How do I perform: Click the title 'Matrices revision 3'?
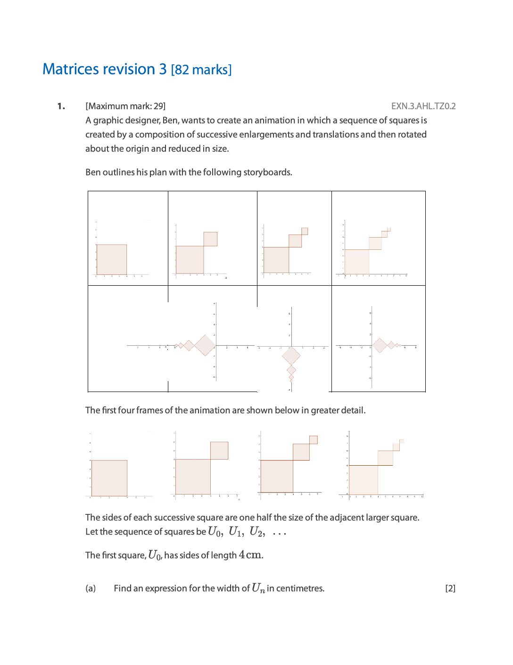click(x=104, y=69)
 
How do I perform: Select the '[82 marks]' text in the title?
click(x=201, y=70)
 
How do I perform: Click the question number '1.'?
click(x=61, y=106)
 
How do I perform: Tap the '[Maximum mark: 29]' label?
click(x=125, y=106)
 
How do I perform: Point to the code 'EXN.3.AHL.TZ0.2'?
click(x=423, y=106)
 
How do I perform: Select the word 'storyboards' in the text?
click(x=267, y=172)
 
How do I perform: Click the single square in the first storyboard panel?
click(x=112, y=259)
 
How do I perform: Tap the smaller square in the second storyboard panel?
click(x=210, y=239)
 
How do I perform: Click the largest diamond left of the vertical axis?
click(x=205, y=345)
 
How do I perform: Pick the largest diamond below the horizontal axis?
click(x=291, y=356)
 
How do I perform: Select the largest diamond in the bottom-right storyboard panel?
click(x=380, y=346)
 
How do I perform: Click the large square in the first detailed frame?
click(x=109, y=478)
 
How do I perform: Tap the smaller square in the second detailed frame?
click(x=219, y=451)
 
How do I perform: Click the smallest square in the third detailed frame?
click(x=314, y=440)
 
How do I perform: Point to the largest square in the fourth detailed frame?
click(x=364, y=480)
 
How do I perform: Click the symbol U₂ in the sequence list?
click(x=256, y=532)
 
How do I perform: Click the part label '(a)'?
click(x=91, y=588)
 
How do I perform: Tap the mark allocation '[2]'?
click(x=450, y=588)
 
